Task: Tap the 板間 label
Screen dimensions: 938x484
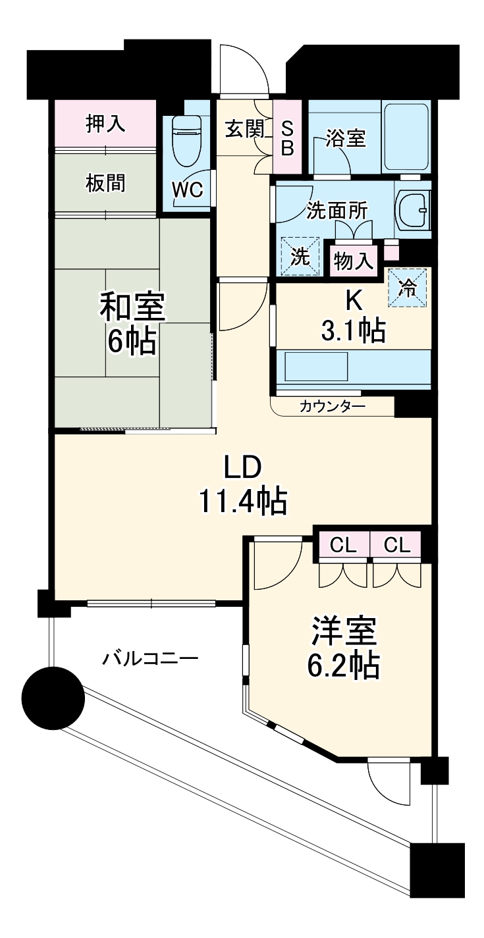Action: point(105,182)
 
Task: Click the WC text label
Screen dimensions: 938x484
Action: point(187,190)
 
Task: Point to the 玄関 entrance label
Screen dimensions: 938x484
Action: point(245,129)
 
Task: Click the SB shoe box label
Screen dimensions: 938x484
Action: point(287,138)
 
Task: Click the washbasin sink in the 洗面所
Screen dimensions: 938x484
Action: point(414,210)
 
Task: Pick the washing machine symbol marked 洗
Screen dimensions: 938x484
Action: point(300,256)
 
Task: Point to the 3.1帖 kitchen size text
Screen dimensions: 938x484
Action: point(353,332)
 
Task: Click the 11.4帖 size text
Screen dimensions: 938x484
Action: point(243,502)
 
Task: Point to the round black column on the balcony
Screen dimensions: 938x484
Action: point(53,698)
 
